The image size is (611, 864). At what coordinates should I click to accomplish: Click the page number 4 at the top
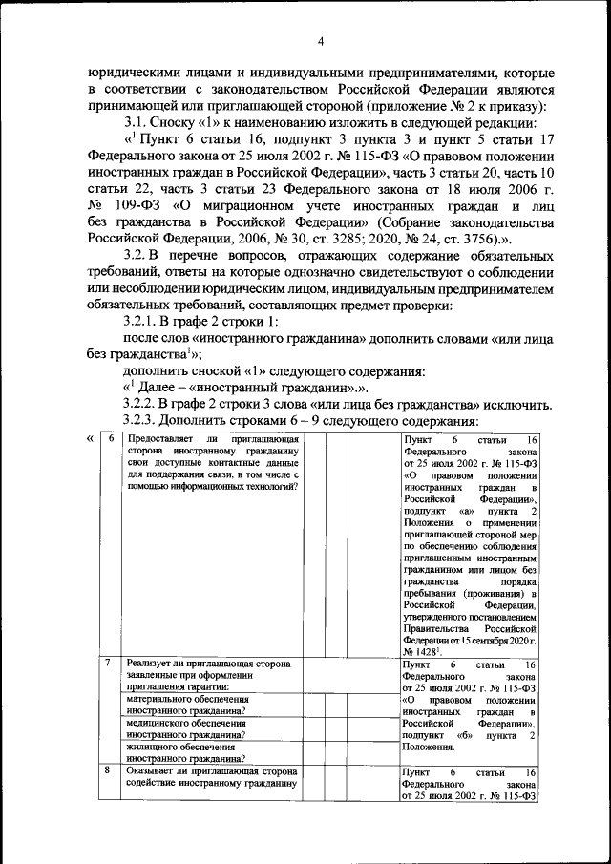tap(321, 41)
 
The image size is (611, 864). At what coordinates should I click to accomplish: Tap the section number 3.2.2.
tap(147, 404)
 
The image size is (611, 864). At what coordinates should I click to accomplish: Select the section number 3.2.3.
tap(147, 421)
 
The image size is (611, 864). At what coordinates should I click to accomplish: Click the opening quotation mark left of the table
tap(90, 438)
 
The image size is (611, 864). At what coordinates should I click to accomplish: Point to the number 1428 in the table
tap(426, 650)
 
